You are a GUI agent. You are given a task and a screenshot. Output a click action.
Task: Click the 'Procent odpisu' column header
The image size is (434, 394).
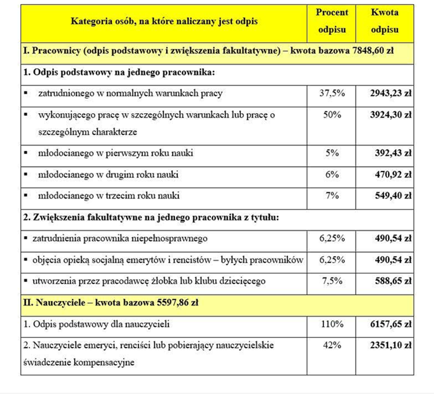point(332,21)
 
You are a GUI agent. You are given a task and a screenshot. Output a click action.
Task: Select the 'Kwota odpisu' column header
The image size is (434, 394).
point(385,21)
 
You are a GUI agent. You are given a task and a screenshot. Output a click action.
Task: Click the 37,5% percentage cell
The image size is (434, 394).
point(332,93)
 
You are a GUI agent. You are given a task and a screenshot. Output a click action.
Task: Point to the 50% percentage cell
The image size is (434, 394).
point(332,114)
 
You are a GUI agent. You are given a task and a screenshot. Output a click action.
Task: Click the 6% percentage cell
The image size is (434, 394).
point(332,174)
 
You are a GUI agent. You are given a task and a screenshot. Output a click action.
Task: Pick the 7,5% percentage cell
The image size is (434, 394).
point(332,281)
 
